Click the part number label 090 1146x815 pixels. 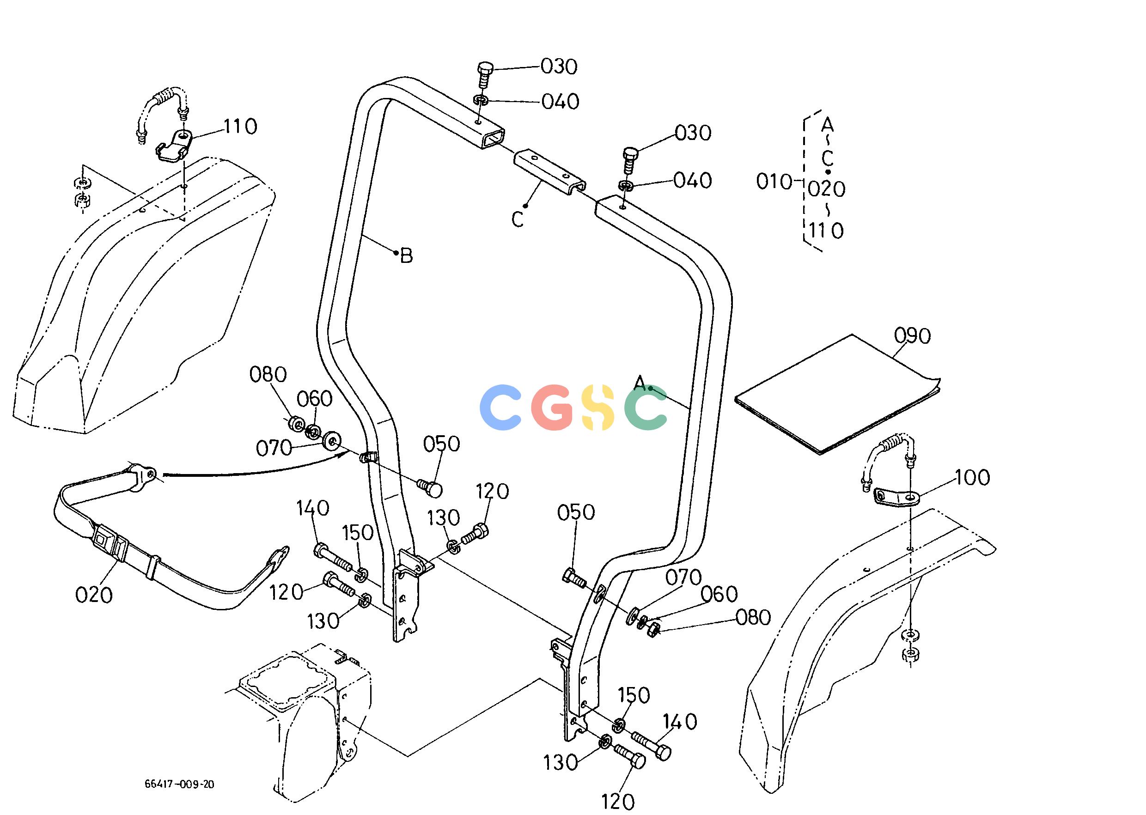click(913, 336)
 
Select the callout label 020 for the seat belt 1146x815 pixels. click(94, 595)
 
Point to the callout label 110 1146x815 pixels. click(240, 126)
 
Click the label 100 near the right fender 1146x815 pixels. click(972, 477)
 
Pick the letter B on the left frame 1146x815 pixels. click(407, 256)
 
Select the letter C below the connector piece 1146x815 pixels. click(518, 219)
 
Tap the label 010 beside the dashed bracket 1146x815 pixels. click(774, 182)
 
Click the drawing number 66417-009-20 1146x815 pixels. click(179, 784)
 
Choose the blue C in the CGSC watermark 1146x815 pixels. click(500, 407)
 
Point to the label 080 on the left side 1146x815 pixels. click(268, 374)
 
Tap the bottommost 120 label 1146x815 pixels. click(617, 802)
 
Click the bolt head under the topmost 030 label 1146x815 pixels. click(485, 68)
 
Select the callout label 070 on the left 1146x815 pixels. click(274, 448)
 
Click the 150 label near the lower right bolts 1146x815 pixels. click(634, 695)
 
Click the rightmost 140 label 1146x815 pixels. click(680, 722)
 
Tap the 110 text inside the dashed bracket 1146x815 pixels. click(826, 231)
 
